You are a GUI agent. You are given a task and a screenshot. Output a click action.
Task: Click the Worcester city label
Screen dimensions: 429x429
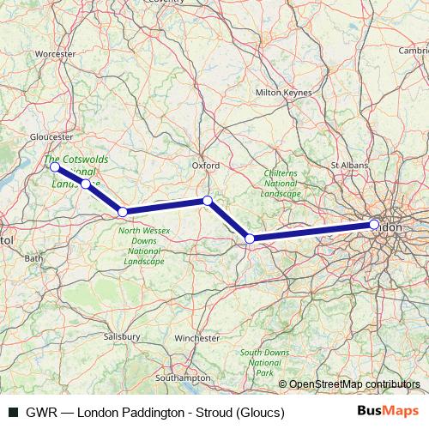point(57,54)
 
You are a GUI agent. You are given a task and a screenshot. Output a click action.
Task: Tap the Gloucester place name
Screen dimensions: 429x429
point(51,136)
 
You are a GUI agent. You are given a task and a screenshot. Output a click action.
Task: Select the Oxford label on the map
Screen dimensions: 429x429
point(206,165)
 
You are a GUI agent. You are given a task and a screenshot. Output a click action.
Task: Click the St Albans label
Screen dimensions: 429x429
point(348,163)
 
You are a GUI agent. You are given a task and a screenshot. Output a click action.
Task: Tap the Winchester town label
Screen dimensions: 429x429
point(196,338)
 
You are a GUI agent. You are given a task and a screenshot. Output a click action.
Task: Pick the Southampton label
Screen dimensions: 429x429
point(184,378)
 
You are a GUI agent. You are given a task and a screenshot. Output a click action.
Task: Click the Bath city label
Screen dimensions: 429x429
point(34,257)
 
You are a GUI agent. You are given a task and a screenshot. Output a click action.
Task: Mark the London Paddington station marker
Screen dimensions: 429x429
point(374,225)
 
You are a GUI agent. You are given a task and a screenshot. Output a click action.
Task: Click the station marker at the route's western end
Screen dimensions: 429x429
point(54,166)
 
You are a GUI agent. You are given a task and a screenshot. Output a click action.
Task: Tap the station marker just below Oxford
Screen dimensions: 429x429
point(207,201)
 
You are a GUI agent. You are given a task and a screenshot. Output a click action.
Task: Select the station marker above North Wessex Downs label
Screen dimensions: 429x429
point(123,211)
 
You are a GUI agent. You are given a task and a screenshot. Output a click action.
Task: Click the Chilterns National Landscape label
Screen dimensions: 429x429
point(281,184)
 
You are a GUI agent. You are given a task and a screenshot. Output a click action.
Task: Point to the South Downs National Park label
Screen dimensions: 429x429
point(263,363)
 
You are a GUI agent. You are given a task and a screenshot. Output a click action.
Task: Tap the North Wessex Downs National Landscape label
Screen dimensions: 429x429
point(144,245)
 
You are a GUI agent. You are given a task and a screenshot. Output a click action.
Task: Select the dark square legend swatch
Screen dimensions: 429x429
point(14,413)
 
